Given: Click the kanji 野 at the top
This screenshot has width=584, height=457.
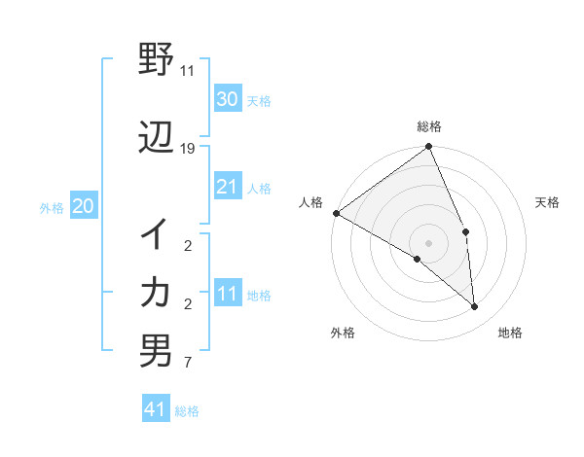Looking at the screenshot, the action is click(x=156, y=62).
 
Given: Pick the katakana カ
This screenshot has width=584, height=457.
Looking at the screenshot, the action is click(x=156, y=291).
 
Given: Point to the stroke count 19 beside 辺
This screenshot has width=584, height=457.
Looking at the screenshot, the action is click(x=188, y=149).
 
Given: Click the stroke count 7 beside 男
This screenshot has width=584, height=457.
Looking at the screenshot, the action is click(x=188, y=364).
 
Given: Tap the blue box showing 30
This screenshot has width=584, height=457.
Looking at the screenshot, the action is click(x=227, y=99).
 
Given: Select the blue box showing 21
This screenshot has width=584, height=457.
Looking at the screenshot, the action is click(x=227, y=187).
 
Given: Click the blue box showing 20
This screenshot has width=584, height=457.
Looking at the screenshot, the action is click(x=83, y=206).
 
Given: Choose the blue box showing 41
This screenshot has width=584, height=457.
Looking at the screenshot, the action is click(x=156, y=409).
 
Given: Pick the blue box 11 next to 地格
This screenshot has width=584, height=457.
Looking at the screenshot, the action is click(x=227, y=294).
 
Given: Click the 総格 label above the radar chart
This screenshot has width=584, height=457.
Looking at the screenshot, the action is click(x=429, y=126).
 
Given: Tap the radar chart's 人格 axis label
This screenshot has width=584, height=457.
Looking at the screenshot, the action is click(x=311, y=202).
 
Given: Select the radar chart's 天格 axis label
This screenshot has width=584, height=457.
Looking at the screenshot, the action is click(x=548, y=202).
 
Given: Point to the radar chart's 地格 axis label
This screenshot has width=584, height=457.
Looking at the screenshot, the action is click(x=510, y=333).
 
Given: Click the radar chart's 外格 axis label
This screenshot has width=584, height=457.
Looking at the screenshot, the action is click(x=343, y=333).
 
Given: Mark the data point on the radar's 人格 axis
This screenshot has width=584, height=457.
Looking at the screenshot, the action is click(x=336, y=213).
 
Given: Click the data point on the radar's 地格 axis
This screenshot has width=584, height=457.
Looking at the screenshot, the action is click(x=474, y=307).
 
